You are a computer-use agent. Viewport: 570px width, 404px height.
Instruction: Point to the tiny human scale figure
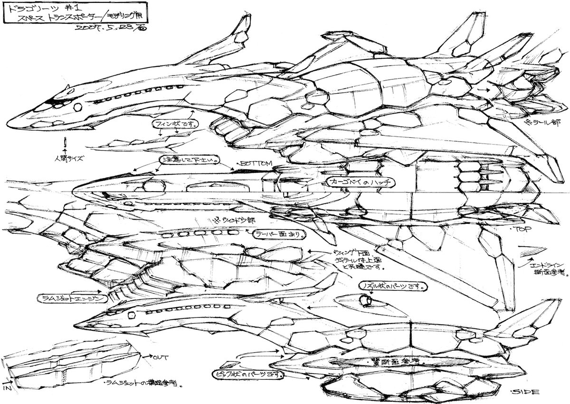coord(64,143)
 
